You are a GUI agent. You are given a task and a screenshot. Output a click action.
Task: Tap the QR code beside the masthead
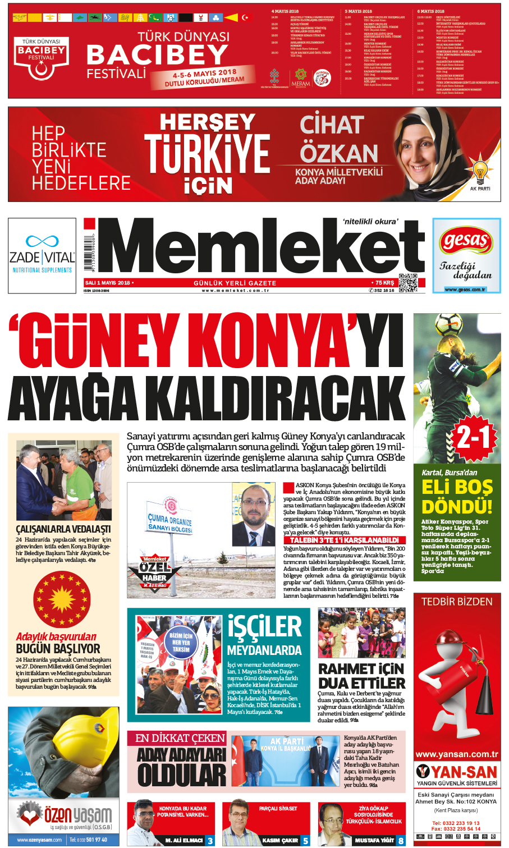coord(408,282)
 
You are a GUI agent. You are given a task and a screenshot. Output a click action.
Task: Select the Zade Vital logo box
coord(42,255)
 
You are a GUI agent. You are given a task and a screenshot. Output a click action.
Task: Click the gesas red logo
coord(466,241)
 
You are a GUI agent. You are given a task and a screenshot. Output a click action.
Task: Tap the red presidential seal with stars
coord(62,599)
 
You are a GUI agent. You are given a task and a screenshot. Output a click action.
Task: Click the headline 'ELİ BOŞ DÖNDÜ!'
coord(457,496)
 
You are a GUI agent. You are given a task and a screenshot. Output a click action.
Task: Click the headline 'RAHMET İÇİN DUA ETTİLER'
coord(361,676)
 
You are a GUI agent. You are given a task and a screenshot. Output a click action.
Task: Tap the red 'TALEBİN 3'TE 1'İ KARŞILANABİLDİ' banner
coord(343,540)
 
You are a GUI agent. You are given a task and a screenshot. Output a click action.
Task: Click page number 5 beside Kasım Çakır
coord(305,841)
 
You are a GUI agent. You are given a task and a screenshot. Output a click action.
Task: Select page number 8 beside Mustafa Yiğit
coord(401,841)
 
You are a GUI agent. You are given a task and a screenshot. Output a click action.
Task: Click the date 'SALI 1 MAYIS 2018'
coord(107,283)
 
